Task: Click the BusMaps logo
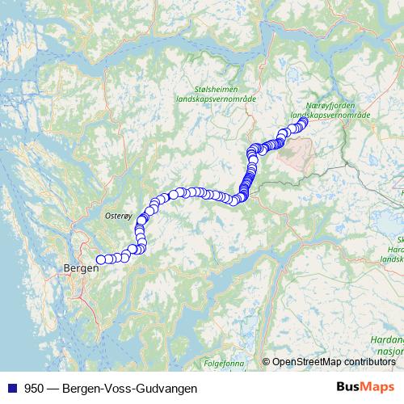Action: pos(362,388)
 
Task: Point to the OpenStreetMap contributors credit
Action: pos(334,363)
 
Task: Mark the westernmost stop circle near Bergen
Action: pos(101,259)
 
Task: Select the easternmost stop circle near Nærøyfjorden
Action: pos(304,123)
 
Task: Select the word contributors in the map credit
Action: pos(369,363)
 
